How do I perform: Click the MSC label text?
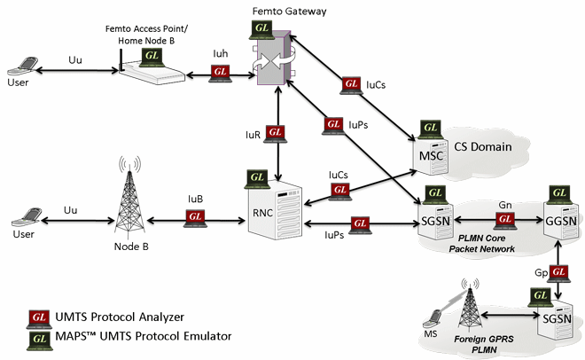tap(431, 157)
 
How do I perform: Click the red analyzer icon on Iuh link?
tap(220, 76)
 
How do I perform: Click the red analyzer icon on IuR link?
tap(276, 132)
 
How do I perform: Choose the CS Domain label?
tap(484, 146)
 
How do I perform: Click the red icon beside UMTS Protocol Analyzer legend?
tap(39, 317)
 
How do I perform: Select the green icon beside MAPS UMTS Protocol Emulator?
tap(39, 338)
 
